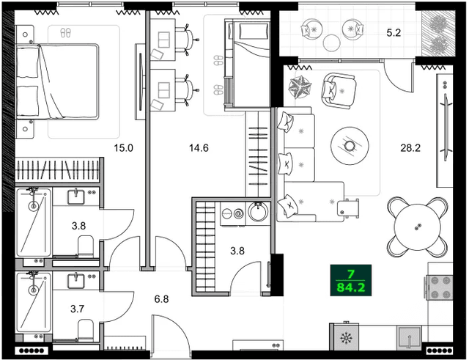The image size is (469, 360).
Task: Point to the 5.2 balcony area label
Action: (394, 32)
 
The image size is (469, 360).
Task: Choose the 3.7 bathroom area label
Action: (78, 309)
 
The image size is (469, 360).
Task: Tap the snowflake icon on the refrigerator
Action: (344, 340)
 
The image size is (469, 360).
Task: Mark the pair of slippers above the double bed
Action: (64, 33)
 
